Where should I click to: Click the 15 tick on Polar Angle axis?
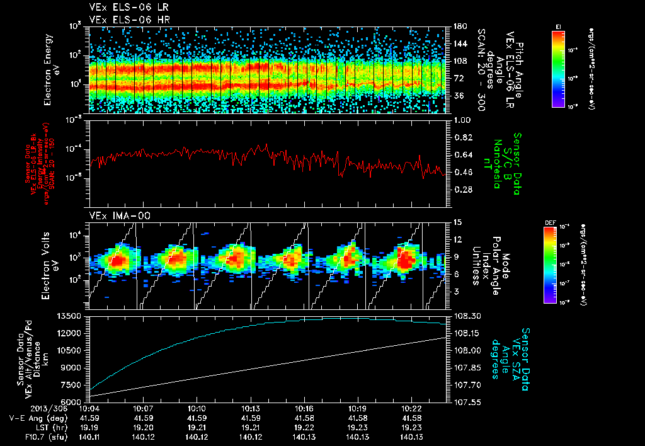(x=454, y=222)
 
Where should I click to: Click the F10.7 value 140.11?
(x=91, y=437)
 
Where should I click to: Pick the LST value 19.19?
(x=91, y=427)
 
